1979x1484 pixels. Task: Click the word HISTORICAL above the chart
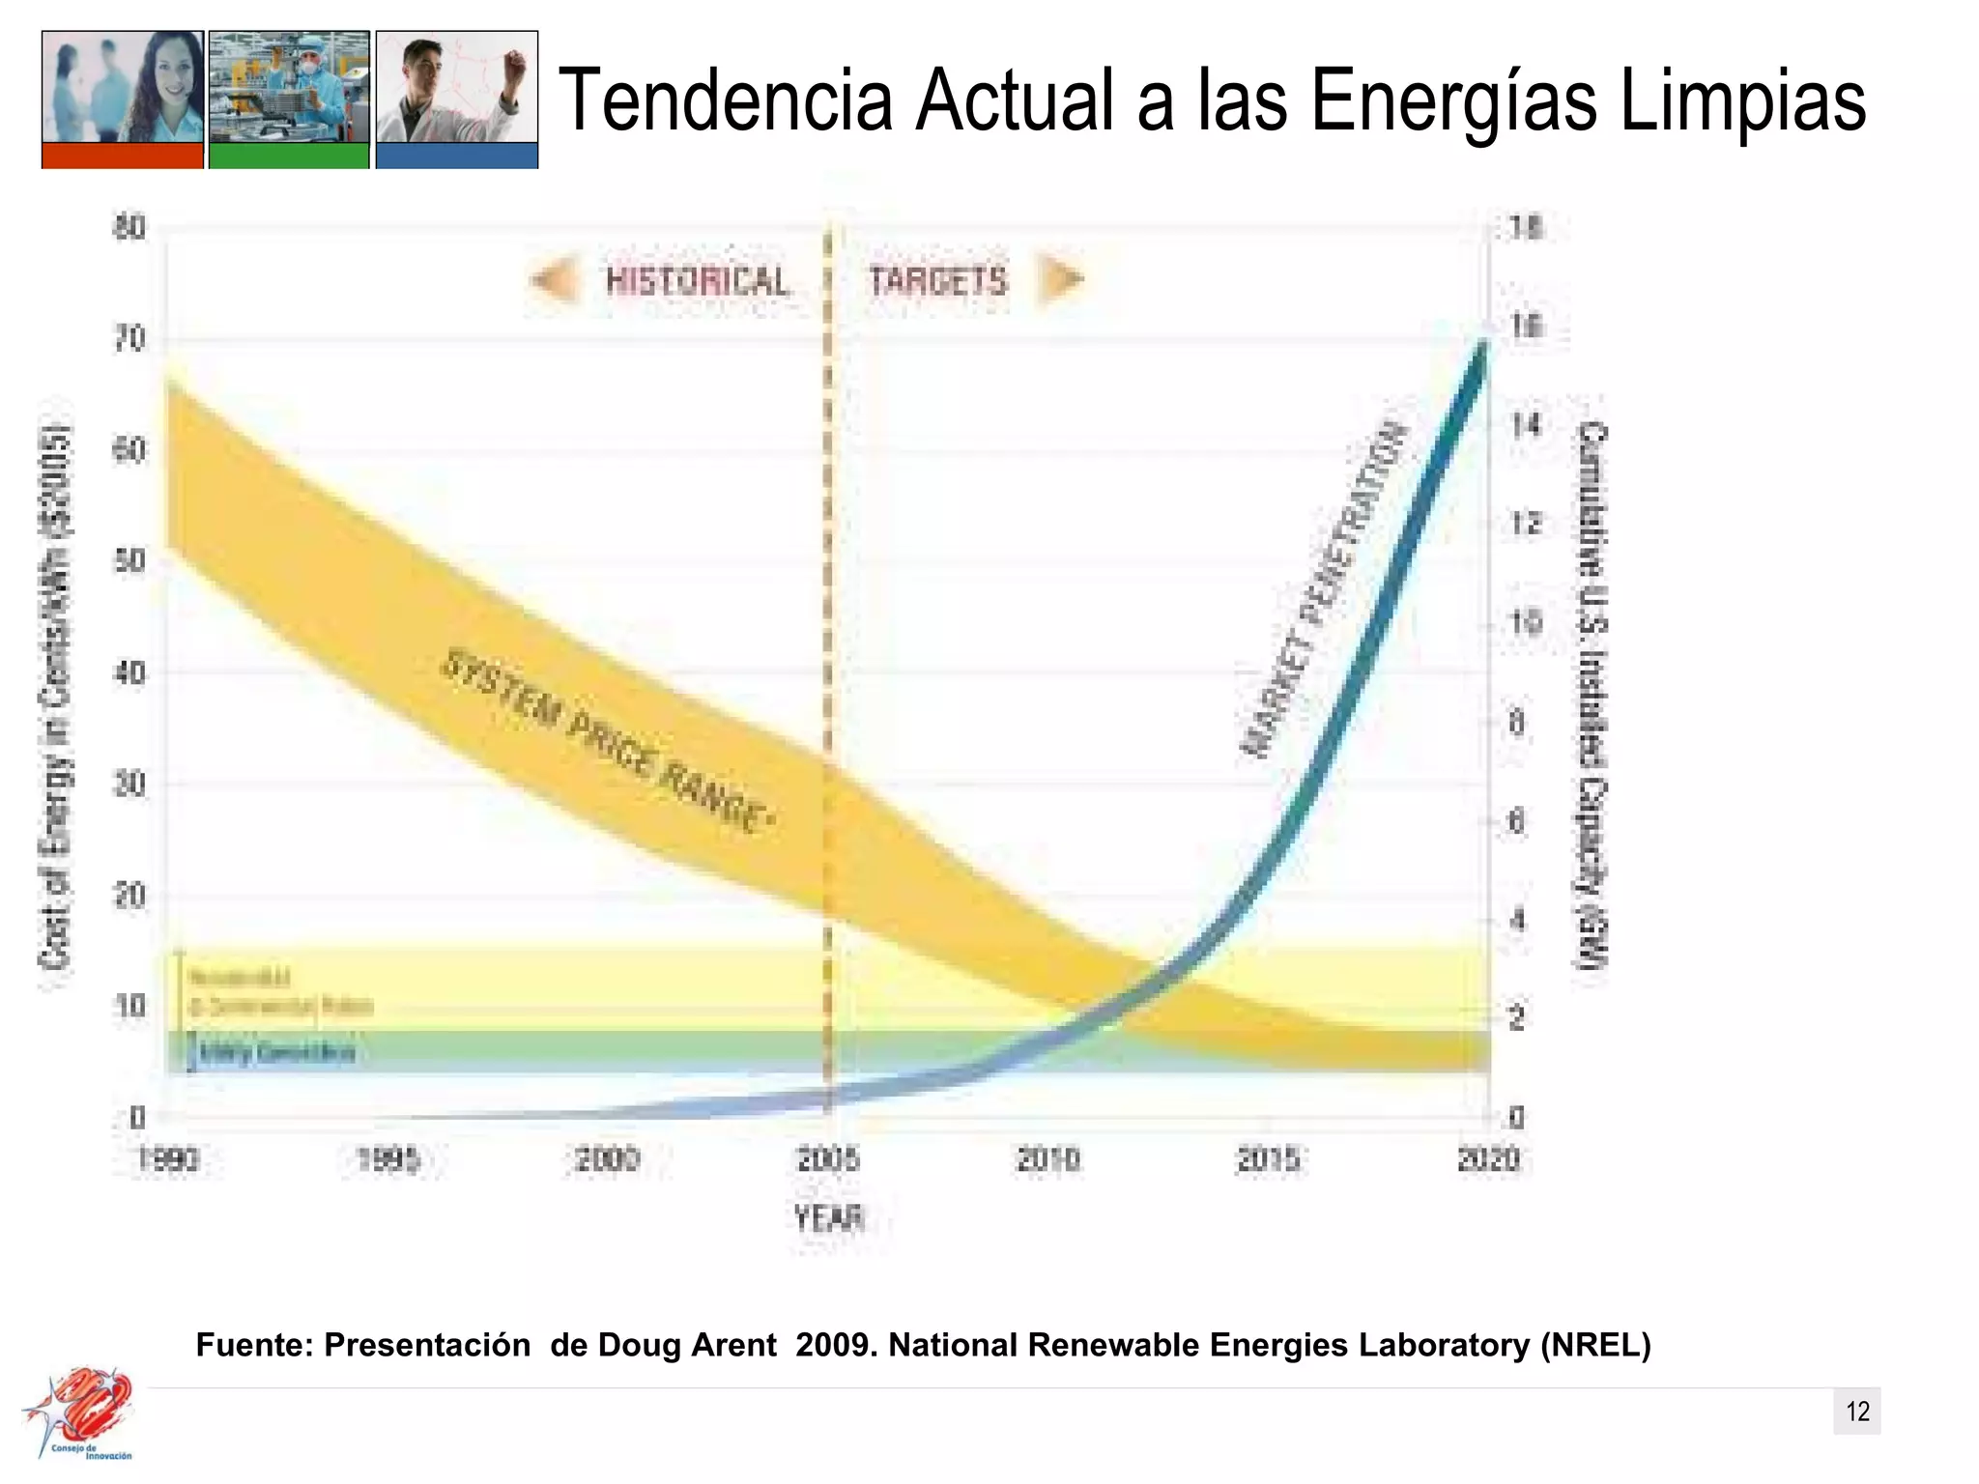(x=697, y=281)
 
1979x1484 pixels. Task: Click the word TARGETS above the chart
(x=937, y=281)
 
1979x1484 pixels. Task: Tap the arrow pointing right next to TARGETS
(x=1060, y=280)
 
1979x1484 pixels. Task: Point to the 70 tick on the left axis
(x=130, y=339)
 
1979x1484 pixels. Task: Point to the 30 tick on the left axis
(x=130, y=785)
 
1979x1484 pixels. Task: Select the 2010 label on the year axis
(x=1048, y=1159)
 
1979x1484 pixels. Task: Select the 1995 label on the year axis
(x=388, y=1159)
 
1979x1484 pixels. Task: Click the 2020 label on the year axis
(x=1488, y=1159)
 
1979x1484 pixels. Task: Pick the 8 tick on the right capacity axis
(x=1517, y=723)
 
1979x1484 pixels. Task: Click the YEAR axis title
(x=828, y=1218)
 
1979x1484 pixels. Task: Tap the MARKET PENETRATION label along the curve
(x=1323, y=589)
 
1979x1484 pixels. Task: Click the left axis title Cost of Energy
(x=56, y=696)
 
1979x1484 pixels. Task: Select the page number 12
(x=1857, y=1412)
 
